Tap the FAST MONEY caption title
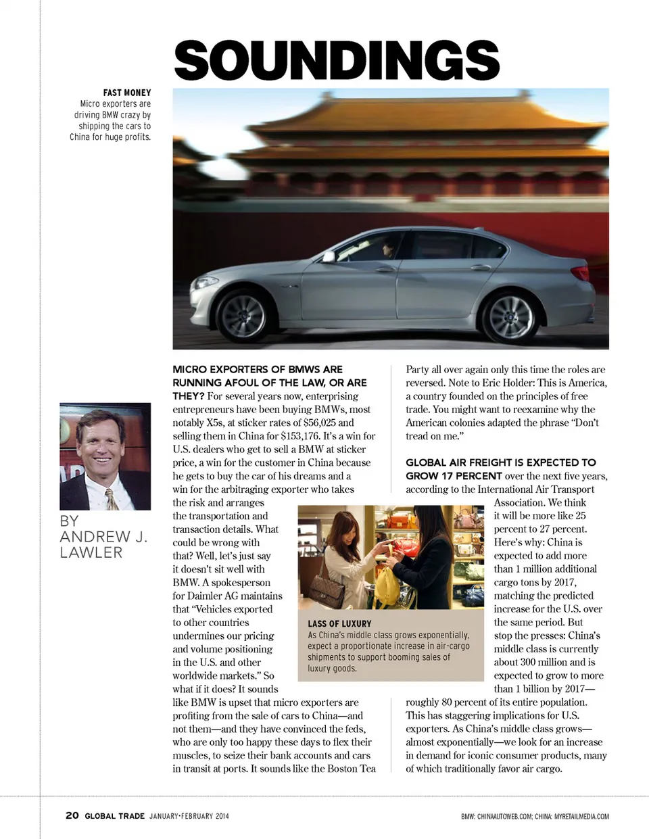127,93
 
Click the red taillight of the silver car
580,273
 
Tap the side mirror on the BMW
329,256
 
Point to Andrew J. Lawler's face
101,446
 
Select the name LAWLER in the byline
91,552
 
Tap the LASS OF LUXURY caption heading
339,623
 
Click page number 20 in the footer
72,815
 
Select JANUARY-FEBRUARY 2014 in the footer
189,816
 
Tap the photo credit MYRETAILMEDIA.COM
581,817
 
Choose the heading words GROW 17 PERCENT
454,476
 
